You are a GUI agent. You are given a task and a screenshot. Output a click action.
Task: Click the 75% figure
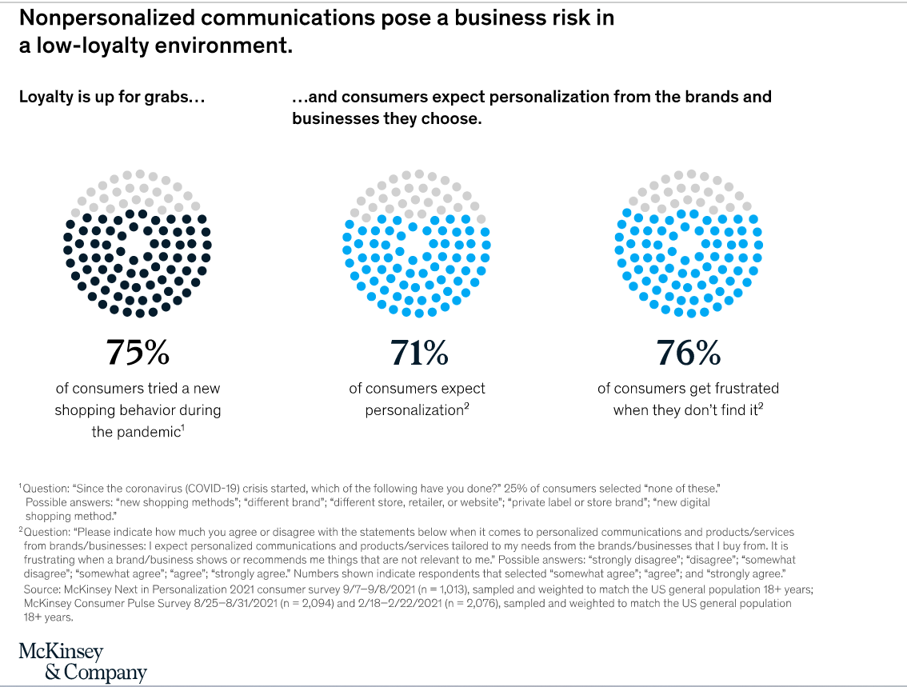(137, 353)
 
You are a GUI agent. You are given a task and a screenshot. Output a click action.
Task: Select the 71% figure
(418, 353)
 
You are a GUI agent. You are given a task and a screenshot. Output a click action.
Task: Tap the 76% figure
(688, 353)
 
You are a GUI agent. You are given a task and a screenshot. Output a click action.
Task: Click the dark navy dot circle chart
(138, 243)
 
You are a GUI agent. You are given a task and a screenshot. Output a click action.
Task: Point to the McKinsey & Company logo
(82, 661)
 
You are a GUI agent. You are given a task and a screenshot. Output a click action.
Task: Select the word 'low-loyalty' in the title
(85, 46)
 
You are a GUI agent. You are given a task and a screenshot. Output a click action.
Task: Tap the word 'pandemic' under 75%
(146, 432)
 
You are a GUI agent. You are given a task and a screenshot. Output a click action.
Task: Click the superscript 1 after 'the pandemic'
(184, 429)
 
